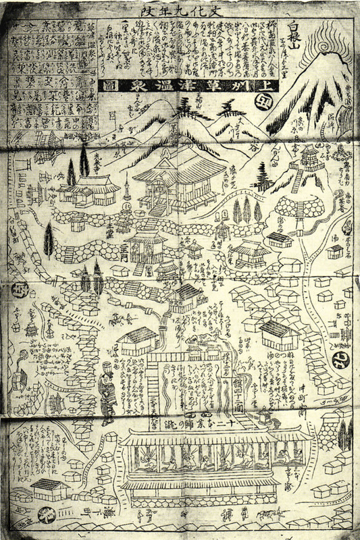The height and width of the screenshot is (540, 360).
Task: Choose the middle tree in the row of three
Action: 246,209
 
